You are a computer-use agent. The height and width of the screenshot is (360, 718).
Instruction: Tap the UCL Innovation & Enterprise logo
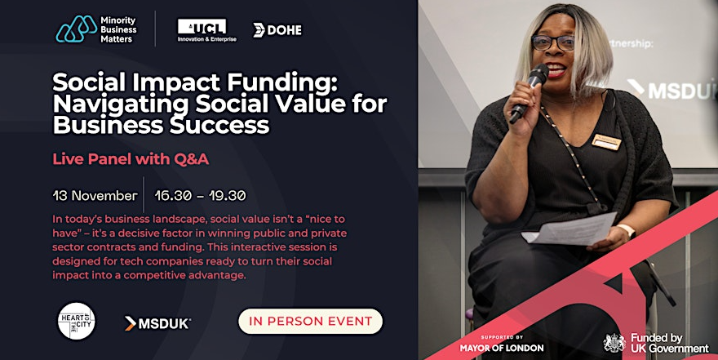207,30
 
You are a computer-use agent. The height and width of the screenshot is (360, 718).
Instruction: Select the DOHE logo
277,30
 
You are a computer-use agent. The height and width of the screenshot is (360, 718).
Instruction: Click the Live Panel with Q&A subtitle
131,159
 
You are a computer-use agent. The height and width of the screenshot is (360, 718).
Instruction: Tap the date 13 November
95,196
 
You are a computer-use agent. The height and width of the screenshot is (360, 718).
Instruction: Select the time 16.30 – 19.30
200,196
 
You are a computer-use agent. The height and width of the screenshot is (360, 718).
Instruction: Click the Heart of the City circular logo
77,321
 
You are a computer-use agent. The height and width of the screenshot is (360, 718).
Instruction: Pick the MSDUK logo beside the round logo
157,323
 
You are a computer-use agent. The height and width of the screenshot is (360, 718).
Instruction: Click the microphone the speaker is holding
529,93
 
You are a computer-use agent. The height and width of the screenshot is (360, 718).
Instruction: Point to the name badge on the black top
605,142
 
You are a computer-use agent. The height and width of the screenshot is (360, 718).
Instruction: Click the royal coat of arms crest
614,343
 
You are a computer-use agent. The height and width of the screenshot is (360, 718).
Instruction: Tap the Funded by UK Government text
670,343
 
